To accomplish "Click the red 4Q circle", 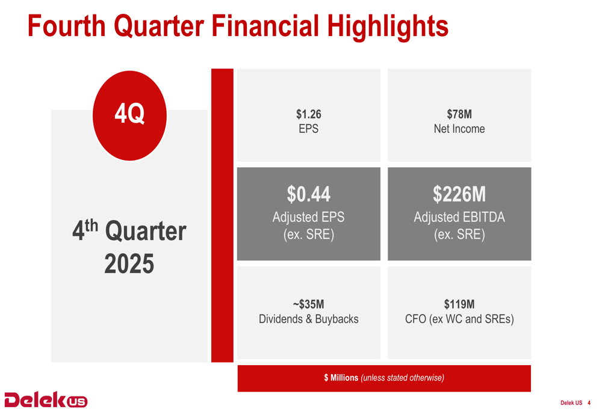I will click(x=129, y=115).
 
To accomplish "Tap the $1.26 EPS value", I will click(x=308, y=114).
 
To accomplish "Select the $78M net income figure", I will click(x=459, y=114).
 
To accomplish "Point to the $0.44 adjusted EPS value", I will click(x=308, y=194).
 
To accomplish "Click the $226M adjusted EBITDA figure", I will click(x=459, y=194).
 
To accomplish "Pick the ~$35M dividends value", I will click(x=308, y=304).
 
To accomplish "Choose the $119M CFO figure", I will click(x=459, y=304).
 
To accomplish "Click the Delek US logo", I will click(x=46, y=399).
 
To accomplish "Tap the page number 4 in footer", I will click(x=589, y=403).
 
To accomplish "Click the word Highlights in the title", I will click(x=388, y=26).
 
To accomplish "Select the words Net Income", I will click(x=459, y=129).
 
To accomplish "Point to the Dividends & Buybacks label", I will click(x=308, y=319).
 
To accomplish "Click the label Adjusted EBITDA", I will click(x=459, y=217).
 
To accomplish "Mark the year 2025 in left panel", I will click(x=129, y=264).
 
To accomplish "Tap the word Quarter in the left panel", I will click(x=145, y=232).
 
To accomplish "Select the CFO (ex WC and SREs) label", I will click(x=459, y=319).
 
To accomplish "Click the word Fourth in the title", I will click(x=66, y=26).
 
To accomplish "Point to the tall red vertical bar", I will click(x=222, y=215).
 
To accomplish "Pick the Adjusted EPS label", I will click(x=308, y=217).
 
